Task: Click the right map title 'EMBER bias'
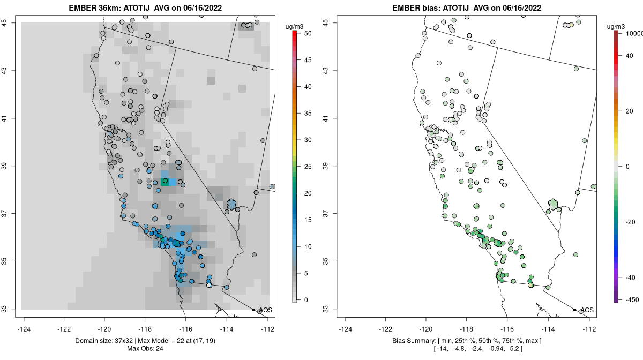(414, 8)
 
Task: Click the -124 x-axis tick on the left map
(25, 329)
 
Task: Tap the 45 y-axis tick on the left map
(11, 23)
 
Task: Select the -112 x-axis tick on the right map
(589, 329)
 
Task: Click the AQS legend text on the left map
(266, 310)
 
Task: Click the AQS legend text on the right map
(587, 310)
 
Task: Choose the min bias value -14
(442, 349)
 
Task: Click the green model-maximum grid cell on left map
(166, 182)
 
